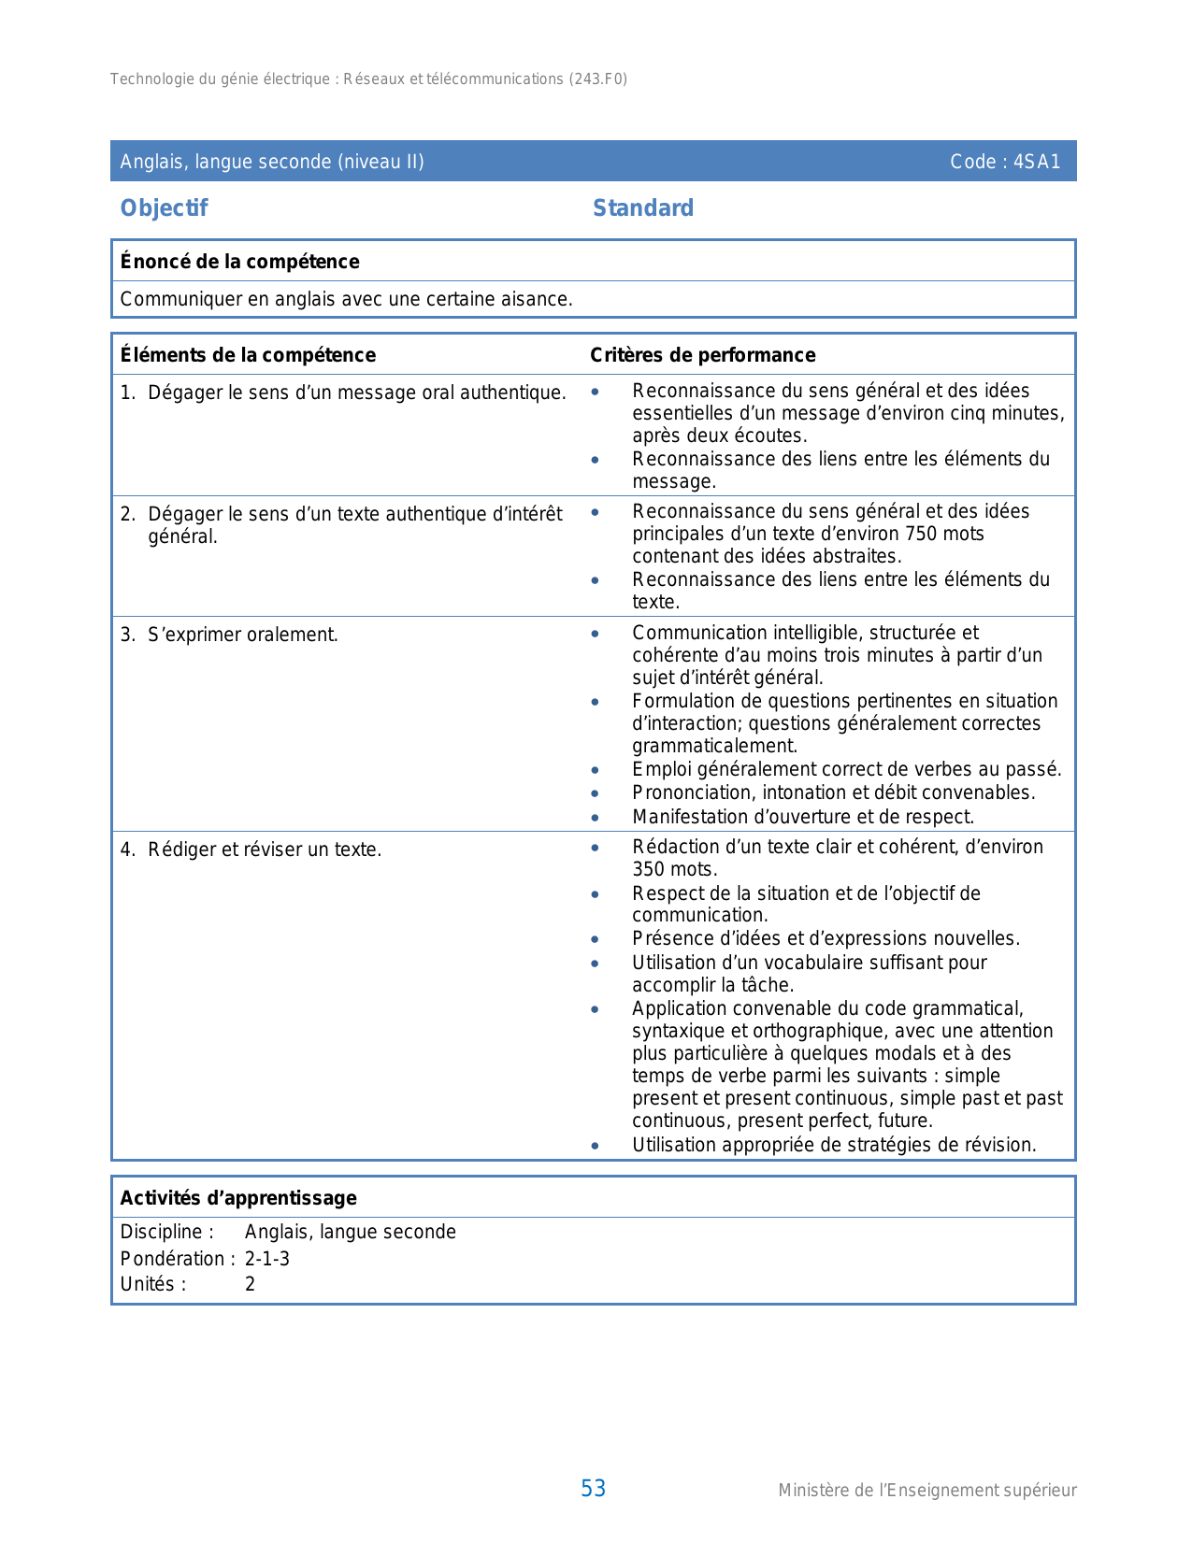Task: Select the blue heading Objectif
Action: pyautogui.click(x=164, y=207)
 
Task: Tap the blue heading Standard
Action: pyautogui.click(x=643, y=207)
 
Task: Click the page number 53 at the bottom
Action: pyautogui.click(x=593, y=1488)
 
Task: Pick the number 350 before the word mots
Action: pyautogui.click(x=650, y=869)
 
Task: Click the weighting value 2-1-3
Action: pyautogui.click(x=267, y=1259)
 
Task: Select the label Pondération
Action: pyautogui.click(x=173, y=1259)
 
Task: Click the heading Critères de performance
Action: pyautogui.click(x=702, y=355)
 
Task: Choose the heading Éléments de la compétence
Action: pyautogui.click(x=248, y=355)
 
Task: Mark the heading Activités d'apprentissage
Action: pyautogui.click(x=238, y=1198)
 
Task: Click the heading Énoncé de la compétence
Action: pyautogui.click(x=239, y=262)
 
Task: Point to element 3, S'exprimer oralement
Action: pyautogui.click(x=242, y=635)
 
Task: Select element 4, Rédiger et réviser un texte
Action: pyautogui.click(x=264, y=850)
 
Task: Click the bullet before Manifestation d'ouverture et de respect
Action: pyautogui.click(x=596, y=817)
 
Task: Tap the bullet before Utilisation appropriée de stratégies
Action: pyautogui.click(x=596, y=1145)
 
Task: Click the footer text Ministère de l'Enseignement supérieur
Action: pyautogui.click(x=926, y=1491)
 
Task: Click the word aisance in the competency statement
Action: pyautogui.click(x=536, y=299)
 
